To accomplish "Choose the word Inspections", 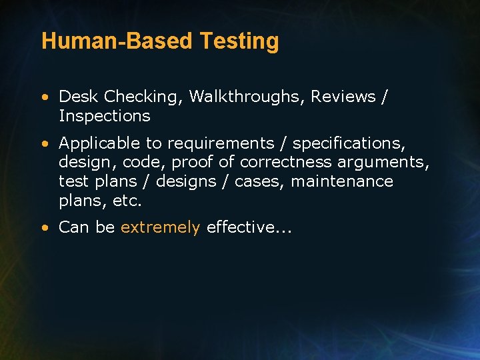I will pyautogui.click(x=104, y=116).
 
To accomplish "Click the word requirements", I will pyautogui.click(x=221, y=143).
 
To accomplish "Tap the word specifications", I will pyautogui.click(x=349, y=143).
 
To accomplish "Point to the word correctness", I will pyautogui.click(x=286, y=162).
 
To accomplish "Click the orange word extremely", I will pyautogui.click(x=160, y=227).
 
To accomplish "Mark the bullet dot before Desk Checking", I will pyautogui.click(x=44, y=97).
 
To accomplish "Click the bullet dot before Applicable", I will pyautogui.click(x=44, y=143).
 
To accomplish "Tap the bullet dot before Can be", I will pyautogui.click(x=44, y=228).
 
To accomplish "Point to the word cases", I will pyautogui.click(x=260, y=181).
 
